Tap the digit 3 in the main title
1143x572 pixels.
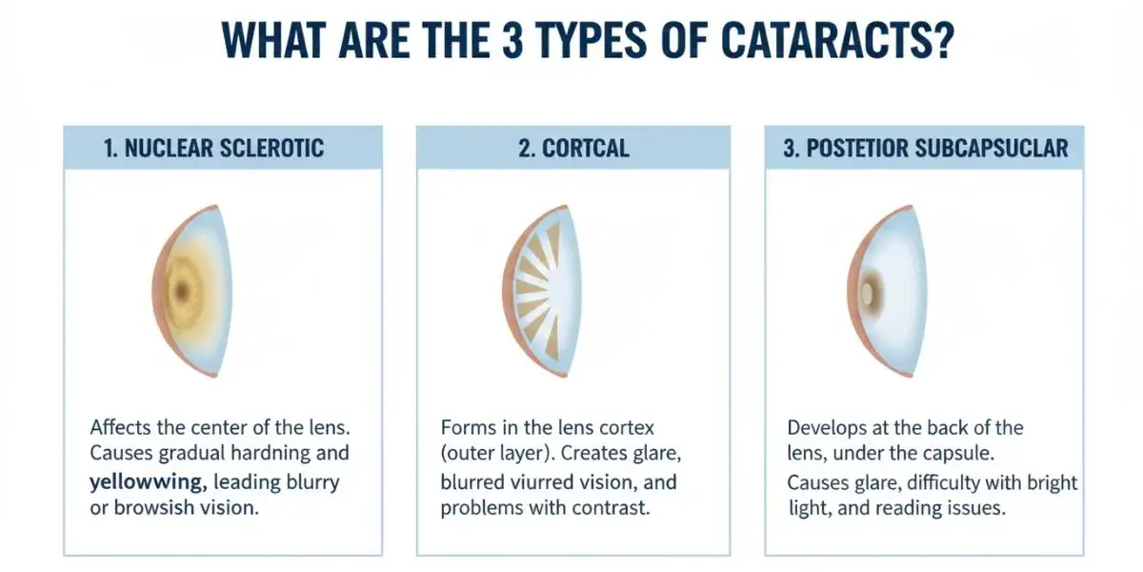tap(512, 40)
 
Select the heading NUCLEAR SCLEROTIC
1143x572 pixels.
tap(224, 148)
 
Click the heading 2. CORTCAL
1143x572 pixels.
tap(573, 148)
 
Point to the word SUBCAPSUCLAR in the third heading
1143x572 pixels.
tap(992, 148)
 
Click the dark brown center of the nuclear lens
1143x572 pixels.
tap(182, 291)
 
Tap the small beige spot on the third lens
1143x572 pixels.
tap(867, 294)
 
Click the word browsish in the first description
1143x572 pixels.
tap(154, 507)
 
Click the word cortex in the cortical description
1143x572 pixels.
tap(627, 428)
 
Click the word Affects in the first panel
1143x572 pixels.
tap(121, 427)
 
